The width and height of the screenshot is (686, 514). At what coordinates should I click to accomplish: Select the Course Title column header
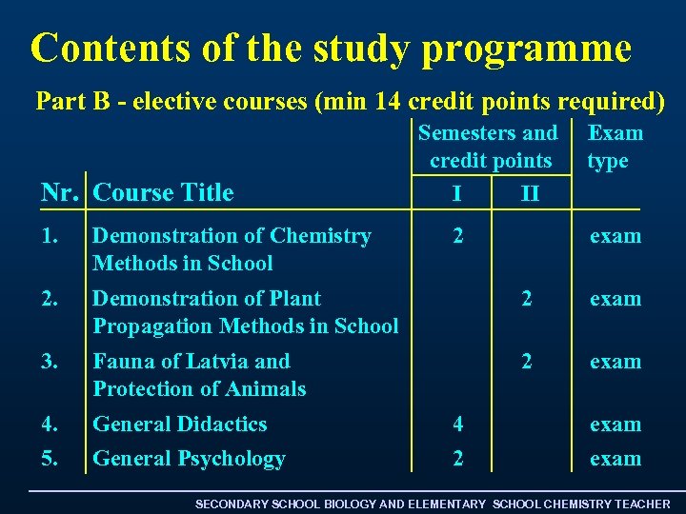click(x=164, y=193)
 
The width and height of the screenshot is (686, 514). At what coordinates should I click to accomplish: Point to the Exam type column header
click(x=615, y=147)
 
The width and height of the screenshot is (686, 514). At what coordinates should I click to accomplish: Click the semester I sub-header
click(x=458, y=194)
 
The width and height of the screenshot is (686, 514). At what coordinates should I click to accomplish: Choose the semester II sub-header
click(x=530, y=194)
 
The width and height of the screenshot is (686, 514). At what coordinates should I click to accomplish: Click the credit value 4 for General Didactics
click(x=458, y=425)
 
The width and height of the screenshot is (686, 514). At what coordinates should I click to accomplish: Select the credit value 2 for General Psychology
click(x=458, y=459)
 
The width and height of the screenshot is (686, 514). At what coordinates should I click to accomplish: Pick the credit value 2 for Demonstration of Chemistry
click(x=458, y=236)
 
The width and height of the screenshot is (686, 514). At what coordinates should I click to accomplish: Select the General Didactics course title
click(x=179, y=425)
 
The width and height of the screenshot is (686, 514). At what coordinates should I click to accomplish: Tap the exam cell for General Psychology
click(x=615, y=459)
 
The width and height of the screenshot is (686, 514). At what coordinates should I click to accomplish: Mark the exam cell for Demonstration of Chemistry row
click(x=615, y=236)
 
